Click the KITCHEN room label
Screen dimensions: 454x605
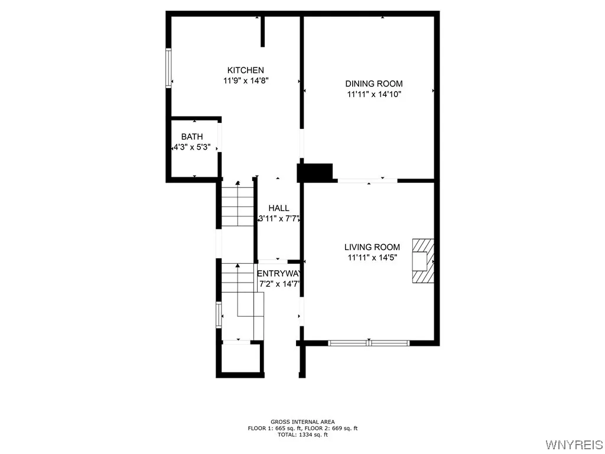pos(246,70)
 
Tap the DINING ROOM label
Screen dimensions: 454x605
pos(374,84)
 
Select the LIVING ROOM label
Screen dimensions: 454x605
pos(372,247)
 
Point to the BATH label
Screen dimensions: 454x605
pos(192,137)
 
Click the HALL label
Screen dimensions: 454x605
pos(279,208)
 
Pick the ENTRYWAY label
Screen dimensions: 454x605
pos(279,273)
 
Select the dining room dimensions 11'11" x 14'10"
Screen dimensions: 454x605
pos(374,94)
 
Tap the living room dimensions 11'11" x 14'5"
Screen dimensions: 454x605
pos(372,257)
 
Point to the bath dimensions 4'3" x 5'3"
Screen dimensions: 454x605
pos(192,147)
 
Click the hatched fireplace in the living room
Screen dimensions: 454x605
pos(423,261)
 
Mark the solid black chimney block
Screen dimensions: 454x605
pos(315,172)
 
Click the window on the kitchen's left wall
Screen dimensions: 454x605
pos(168,68)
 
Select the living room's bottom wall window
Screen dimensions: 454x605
pos(369,342)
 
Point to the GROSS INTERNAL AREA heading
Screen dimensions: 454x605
pos(302,422)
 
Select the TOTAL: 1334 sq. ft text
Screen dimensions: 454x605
pos(302,434)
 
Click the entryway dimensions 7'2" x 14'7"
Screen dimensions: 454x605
pos(280,284)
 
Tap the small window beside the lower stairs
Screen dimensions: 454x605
pos(219,314)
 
